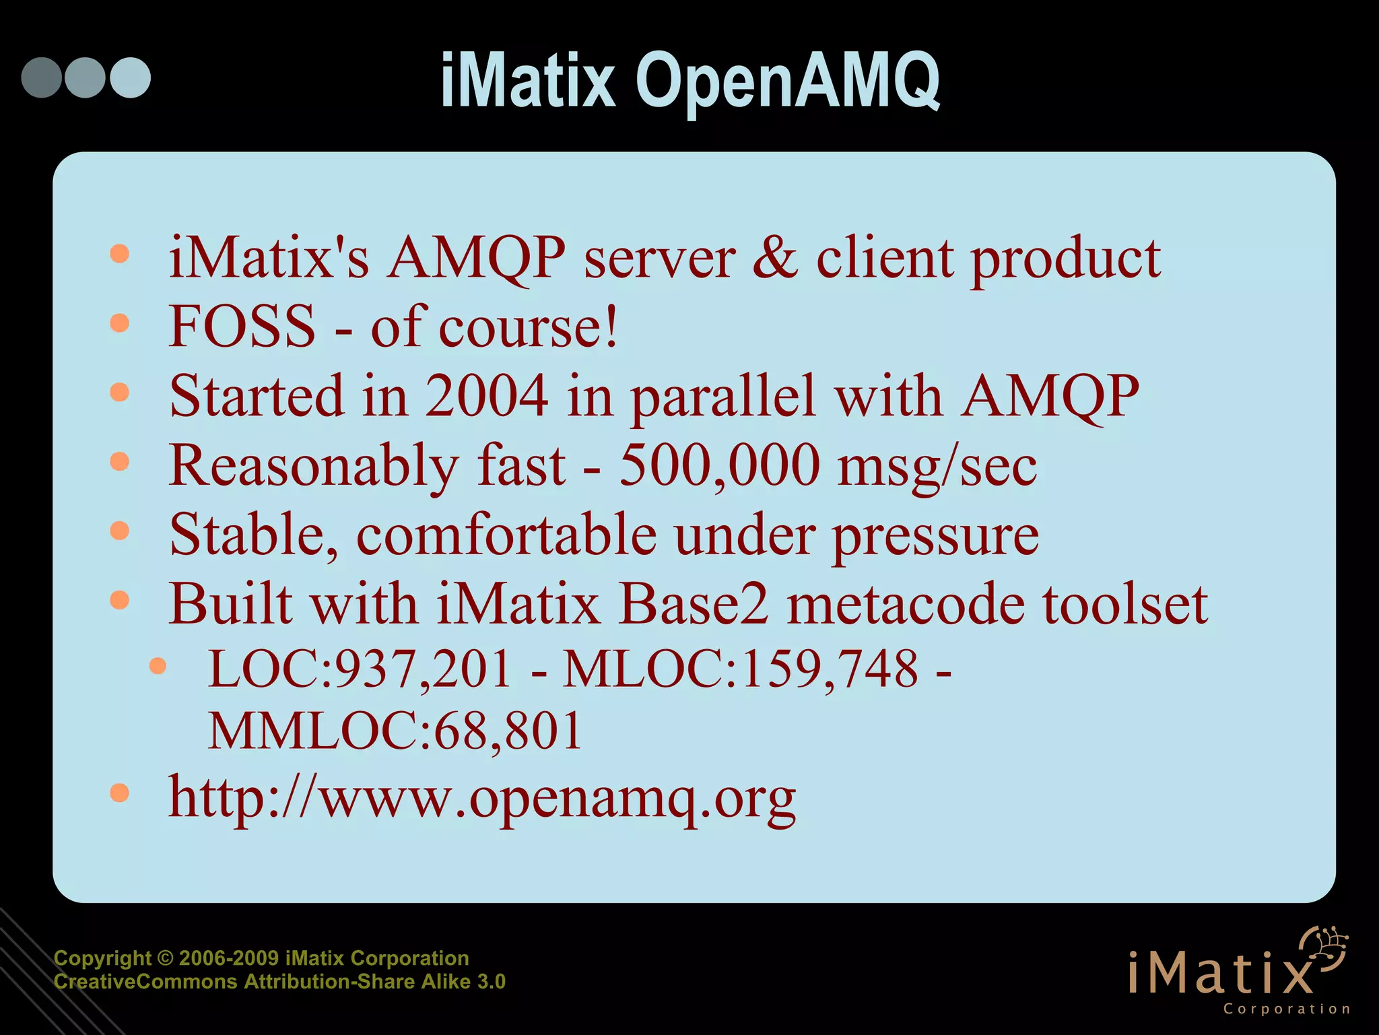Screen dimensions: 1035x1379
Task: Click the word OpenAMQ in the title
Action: point(787,82)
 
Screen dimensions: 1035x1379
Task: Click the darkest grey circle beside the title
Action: point(42,77)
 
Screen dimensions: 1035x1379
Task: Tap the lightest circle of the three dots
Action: point(131,77)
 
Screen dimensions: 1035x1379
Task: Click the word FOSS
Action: point(242,327)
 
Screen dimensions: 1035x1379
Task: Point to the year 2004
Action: point(486,396)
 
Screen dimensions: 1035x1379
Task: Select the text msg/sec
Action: point(937,467)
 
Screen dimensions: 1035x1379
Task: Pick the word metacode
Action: point(906,603)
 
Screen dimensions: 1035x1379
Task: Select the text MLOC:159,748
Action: point(740,669)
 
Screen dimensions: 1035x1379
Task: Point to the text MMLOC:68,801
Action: point(395,731)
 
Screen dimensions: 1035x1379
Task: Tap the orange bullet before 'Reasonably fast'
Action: point(119,461)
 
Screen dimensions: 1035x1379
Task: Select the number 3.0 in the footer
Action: point(491,982)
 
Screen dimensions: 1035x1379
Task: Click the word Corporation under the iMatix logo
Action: point(1286,1009)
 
